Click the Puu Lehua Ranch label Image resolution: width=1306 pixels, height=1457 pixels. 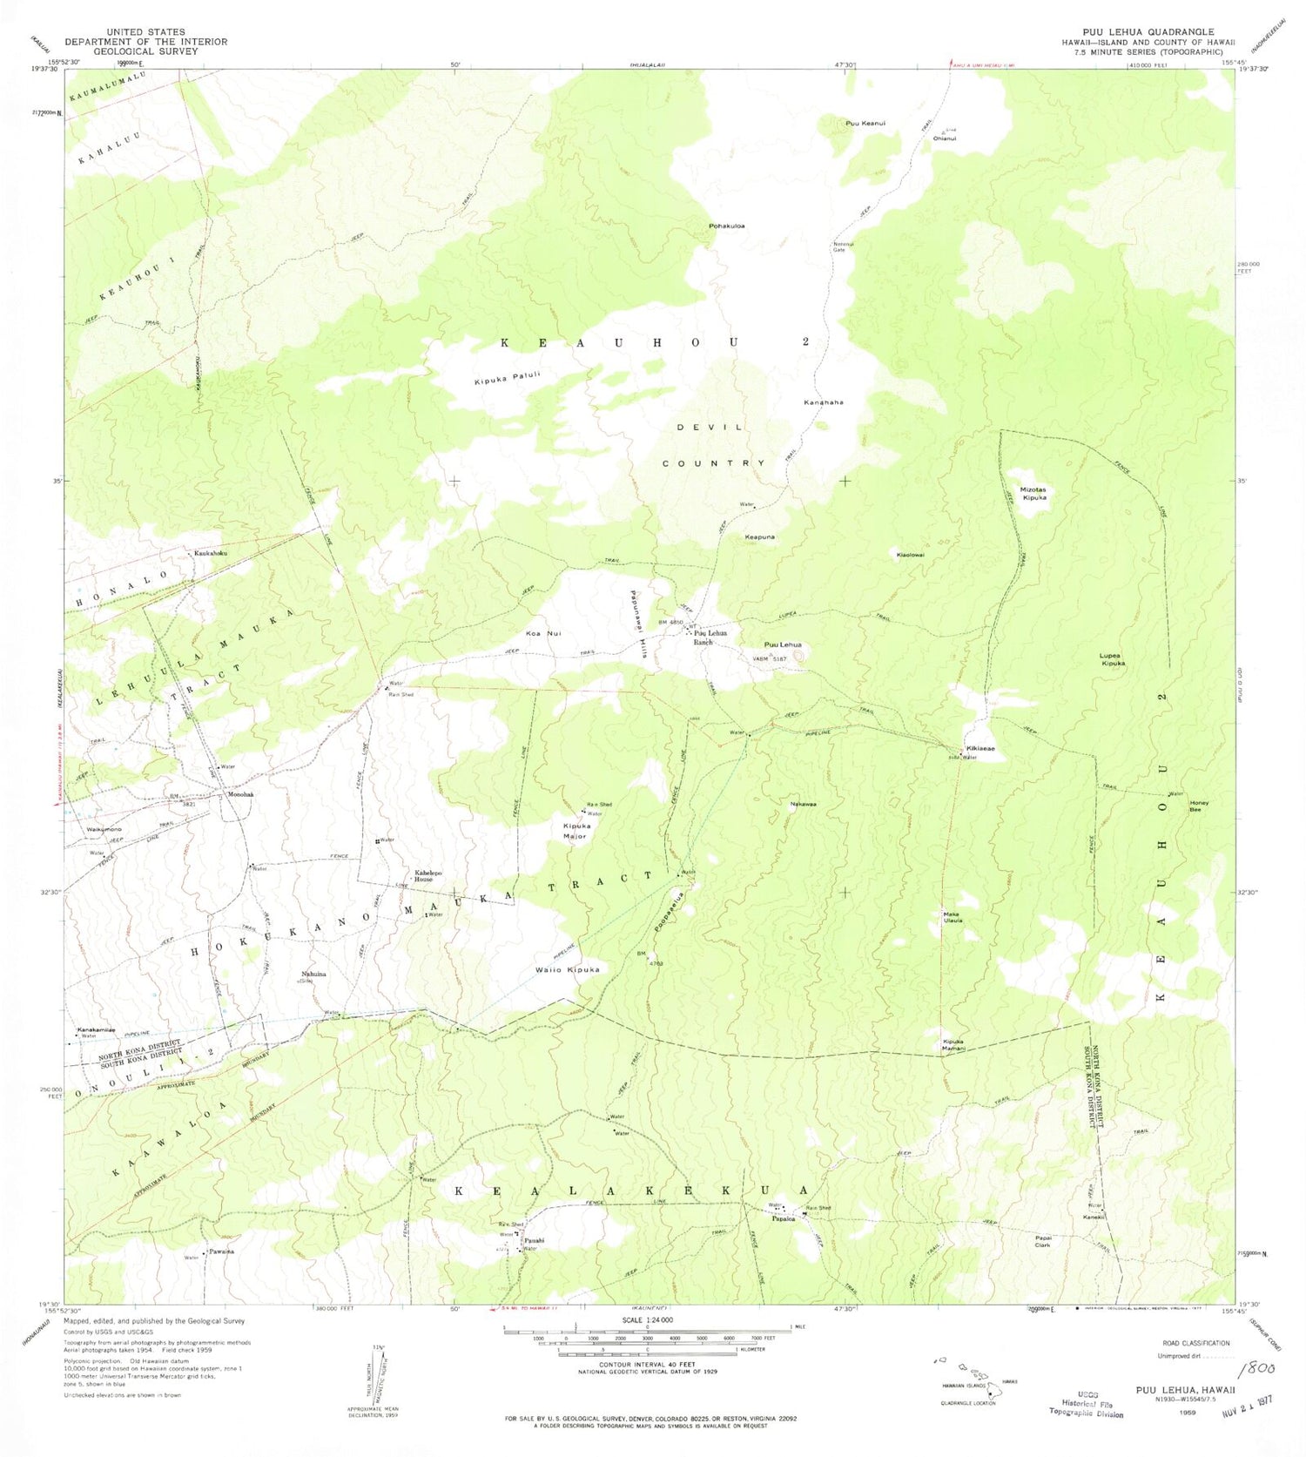click(709, 637)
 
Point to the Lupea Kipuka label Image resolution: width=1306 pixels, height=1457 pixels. click(1112, 658)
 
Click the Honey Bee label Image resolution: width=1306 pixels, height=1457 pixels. click(1199, 806)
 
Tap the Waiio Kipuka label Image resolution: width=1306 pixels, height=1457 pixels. click(567, 969)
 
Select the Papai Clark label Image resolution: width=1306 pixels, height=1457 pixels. click(1043, 1241)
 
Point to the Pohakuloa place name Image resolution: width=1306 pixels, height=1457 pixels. click(726, 226)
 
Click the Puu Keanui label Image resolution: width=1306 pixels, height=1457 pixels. click(865, 124)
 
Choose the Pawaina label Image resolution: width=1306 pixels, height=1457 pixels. click(221, 1251)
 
